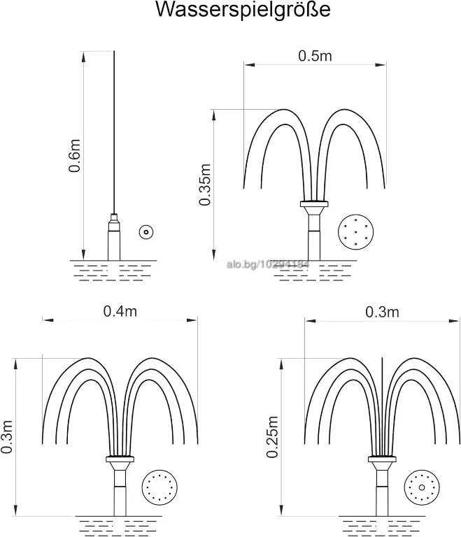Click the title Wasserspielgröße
pyautogui.click(x=243, y=10)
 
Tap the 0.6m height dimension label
pyautogui.click(x=74, y=155)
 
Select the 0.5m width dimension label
pyautogui.click(x=315, y=56)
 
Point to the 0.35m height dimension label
pyautogui.click(x=205, y=185)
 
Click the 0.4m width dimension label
pyautogui.click(x=120, y=311)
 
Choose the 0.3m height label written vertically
pyautogui.click(x=6, y=436)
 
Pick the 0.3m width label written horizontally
pyautogui.click(x=382, y=312)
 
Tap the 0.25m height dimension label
pyautogui.click(x=273, y=437)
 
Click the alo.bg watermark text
pyautogui.click(x=268, y=264)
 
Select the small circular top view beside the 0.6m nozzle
pyautogui.click(x=146, y=232)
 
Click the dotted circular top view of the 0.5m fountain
pyautogui.click(x=355, y=232)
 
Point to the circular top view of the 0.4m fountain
pyautogui.click(x=159, y=487)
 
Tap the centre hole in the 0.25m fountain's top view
pyautogui.click(x=422, y=487)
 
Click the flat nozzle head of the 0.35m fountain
pyautogui.click(x=314, y=203)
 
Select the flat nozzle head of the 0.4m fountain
pyautogui.click(x=120, y=459)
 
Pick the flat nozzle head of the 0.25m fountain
pyautogui.click(x=382, y=459)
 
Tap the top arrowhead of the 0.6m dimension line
pyautogui.click(x=83, y=57)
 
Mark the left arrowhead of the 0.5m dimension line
pyautogui.click(x=250, y=64)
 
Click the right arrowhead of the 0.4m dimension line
pyautogui.click(x=192, y=320)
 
